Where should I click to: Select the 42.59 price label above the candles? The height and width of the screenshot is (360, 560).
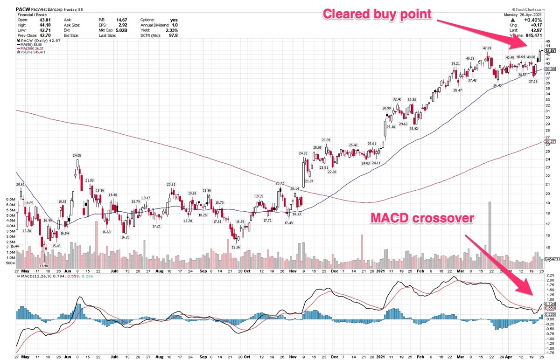pyautogui.click(x=487, y=48)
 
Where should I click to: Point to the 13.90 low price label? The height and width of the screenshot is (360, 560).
pyautogui.click(x=43, y=265)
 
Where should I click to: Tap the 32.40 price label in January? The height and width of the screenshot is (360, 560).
pyautogui.click(x=397, y=99)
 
